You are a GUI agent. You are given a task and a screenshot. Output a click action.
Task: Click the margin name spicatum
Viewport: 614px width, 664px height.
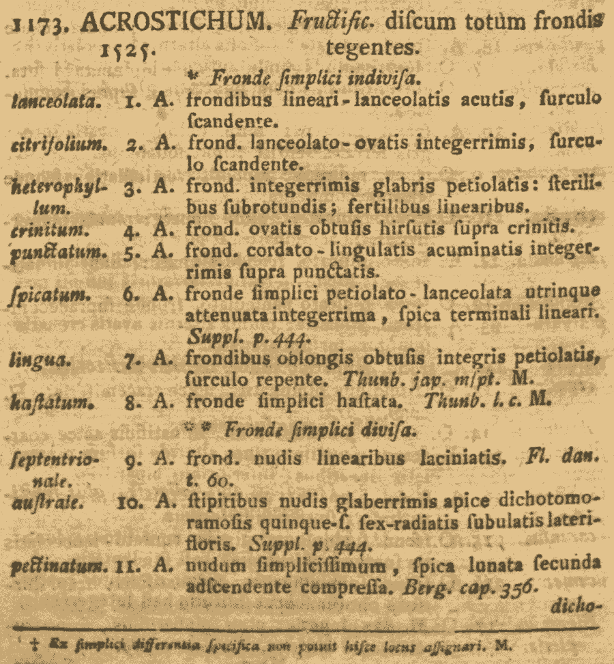(46, 295)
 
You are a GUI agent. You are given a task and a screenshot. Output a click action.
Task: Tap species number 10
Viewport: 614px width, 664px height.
(129, 503)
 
